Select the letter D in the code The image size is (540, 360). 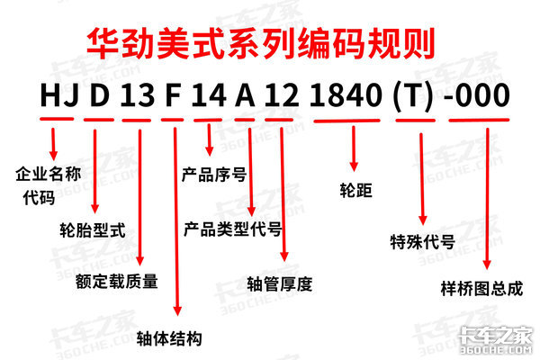97,94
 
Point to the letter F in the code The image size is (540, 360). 175,94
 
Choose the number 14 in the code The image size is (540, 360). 212,94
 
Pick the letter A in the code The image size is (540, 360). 250,94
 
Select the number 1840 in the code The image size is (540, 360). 351,94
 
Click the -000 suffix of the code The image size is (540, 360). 487,94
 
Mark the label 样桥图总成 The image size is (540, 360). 482,290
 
